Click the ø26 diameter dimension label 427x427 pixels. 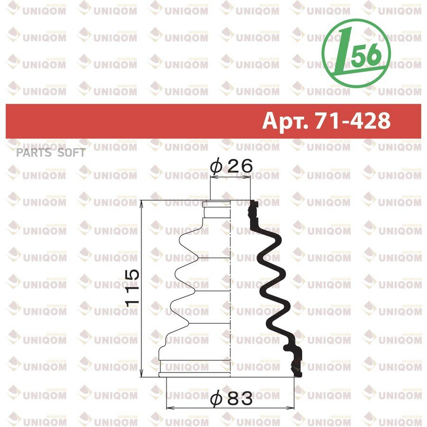[232, 166]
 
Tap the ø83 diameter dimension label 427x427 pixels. [232, 399]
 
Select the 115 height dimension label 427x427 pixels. [132, 288]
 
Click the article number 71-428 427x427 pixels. [353, 121]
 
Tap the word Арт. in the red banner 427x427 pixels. [286, 121]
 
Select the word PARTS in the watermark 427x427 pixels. [34, 153]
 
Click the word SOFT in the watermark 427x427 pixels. [72, 153]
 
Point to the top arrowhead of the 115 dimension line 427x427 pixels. [141, 203]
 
